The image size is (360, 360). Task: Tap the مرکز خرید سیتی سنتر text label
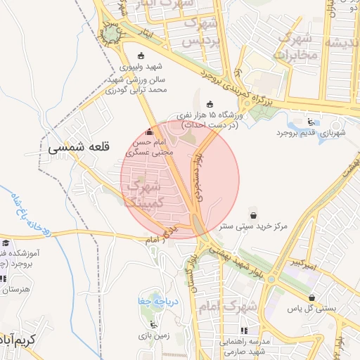[x=252, y=227]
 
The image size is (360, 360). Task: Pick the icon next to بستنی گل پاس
[x=311, y=297]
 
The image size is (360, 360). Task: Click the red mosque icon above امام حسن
[x=148, y=132]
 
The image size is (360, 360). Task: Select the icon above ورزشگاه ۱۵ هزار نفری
[x=208, y=104]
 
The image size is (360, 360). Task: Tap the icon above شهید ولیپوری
[x=141, y=56]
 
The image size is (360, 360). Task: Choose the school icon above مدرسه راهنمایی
[x=245, y=330]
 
